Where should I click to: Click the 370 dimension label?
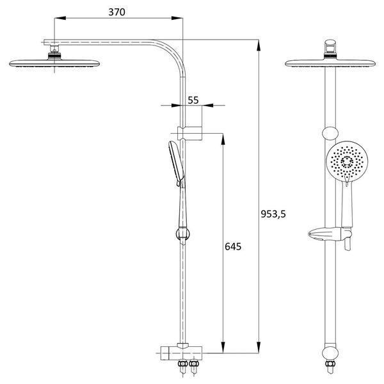click(x=117, y=12)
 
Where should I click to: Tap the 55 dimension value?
click(x=193, y=100)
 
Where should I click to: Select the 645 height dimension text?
click(x=233, y=246)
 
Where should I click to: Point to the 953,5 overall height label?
click(x=273, y=214)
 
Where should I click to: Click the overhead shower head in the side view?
click(x=54, y=63)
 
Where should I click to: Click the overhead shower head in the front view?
click(x=330, y=63)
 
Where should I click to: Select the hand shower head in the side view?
click(x=177, y=163)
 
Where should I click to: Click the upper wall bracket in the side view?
click(x=190, y=134)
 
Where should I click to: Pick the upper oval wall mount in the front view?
click(x=330, y=134)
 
